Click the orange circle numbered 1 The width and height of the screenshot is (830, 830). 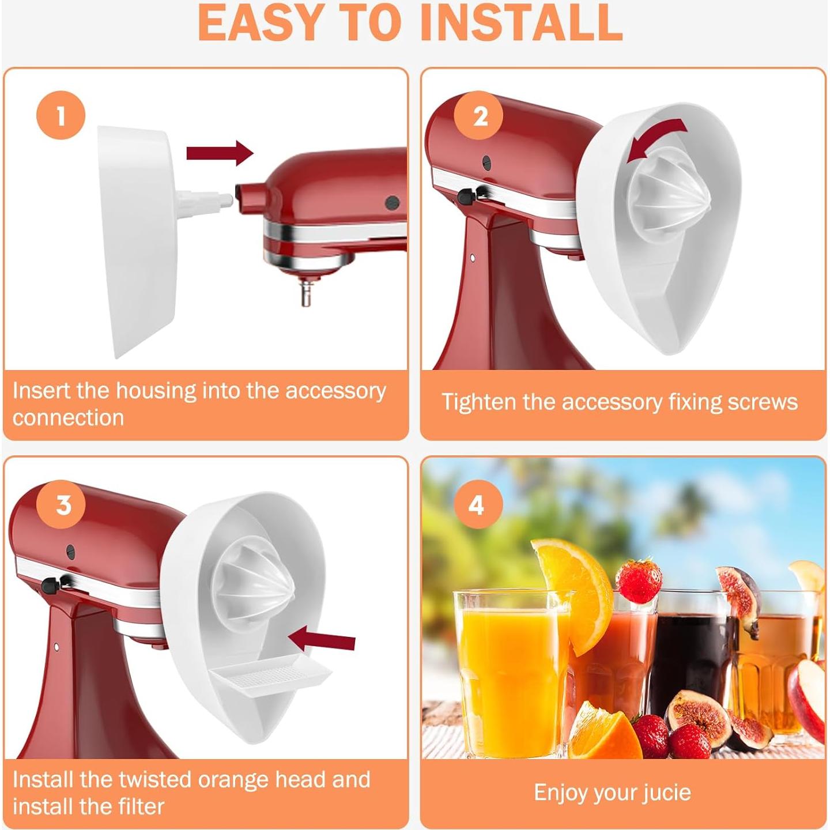click(x=61, y=115)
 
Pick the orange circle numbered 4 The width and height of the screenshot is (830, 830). click(x=477, y=505)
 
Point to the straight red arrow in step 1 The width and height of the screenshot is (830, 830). click(x=220, y=153)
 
